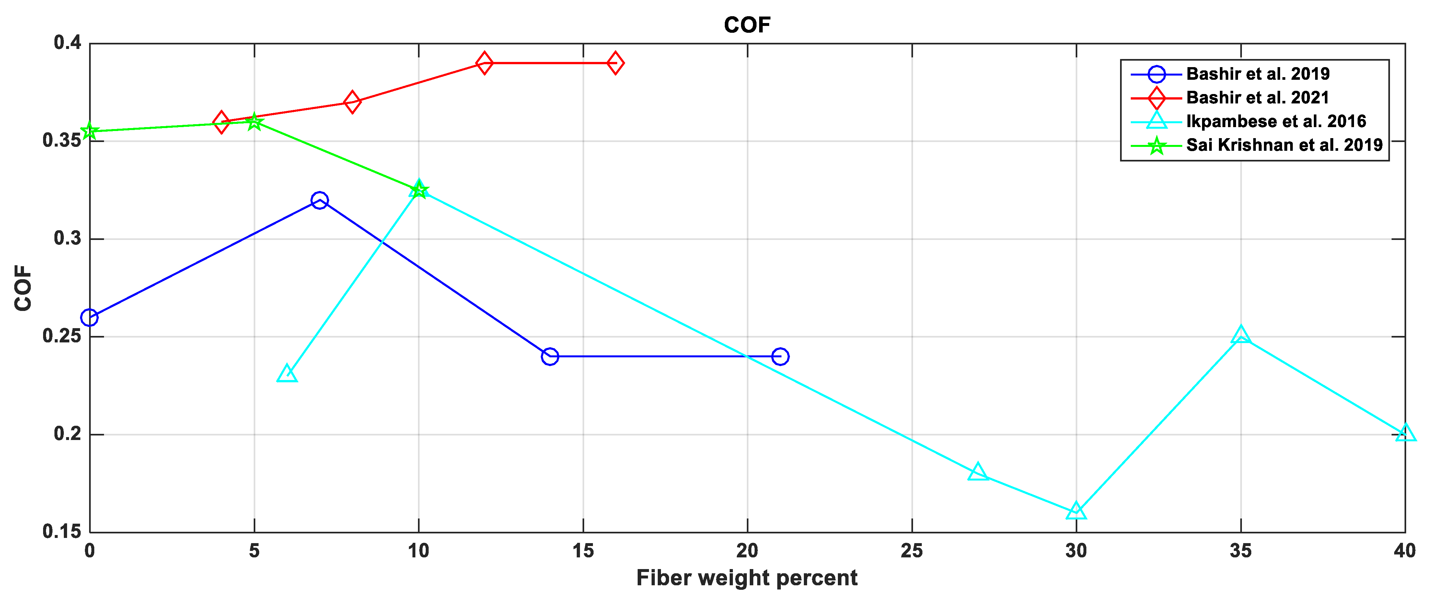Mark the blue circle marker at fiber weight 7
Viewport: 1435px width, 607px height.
[x=319, y=200]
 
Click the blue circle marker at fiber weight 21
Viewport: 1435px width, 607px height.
[x=780, y=356]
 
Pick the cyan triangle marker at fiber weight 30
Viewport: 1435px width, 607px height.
[x=1076, y=511]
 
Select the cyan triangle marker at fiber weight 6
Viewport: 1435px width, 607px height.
[x=287, y=374]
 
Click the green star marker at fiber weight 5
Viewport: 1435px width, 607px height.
[x=254, y=122]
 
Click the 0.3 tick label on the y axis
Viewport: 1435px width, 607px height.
[x=67, y=239]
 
